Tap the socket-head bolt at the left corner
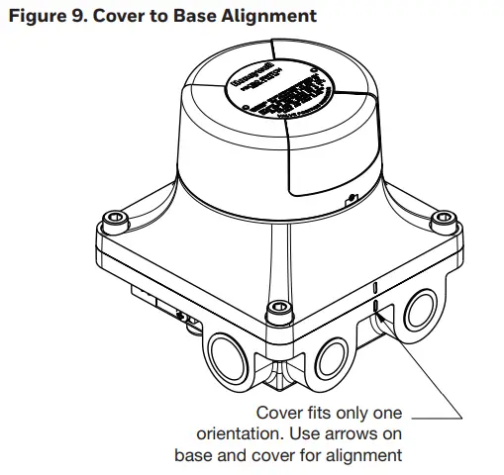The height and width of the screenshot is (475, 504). tap(115, 216)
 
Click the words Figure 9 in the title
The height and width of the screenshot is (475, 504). tap(46, 16)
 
